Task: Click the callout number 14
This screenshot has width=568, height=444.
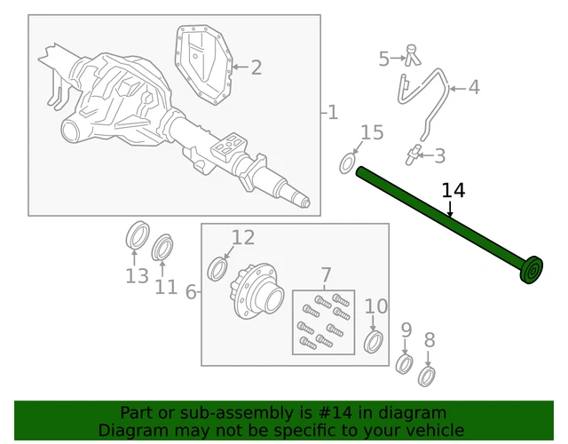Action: (x=453, y=191)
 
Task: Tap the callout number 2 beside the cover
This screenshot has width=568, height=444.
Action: (x=256, y=67)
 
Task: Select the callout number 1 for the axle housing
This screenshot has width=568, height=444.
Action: (x=333, y=113)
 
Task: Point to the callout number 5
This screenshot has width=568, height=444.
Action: (x=474, y=87)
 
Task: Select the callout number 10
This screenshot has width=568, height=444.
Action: (x=376, y=307)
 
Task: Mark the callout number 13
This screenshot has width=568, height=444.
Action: (x=166, y=287)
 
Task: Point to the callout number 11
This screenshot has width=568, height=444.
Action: (x=243, y=237)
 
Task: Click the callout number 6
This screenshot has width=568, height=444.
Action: (x=137, y=276)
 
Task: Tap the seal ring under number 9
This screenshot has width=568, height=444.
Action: (x=405, y=364)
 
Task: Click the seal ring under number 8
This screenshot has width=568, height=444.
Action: (x=427, y=376)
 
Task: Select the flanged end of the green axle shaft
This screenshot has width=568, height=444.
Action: (x=532, y=271)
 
